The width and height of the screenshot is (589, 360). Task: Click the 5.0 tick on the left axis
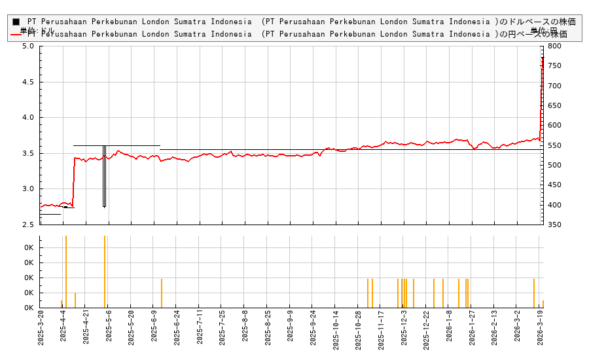(27, 46)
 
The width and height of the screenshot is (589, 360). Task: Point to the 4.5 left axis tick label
(27, 82)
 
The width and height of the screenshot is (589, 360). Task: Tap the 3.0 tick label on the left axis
(27, 189)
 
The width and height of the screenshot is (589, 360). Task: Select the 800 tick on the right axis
(554, 46)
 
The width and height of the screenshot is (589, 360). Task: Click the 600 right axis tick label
(554, 126)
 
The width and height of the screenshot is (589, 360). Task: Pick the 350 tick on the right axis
(554, 225)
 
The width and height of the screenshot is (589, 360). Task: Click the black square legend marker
(16, 22)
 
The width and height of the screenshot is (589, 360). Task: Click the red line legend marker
(16, 34)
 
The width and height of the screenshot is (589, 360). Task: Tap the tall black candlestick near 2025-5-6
(104, 176)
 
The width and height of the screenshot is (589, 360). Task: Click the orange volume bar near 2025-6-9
(162, 293)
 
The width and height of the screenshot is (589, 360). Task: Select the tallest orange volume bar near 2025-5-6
(105, 272)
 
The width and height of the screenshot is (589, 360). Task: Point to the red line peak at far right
(543, 59)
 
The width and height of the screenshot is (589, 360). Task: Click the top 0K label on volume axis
(29, 248)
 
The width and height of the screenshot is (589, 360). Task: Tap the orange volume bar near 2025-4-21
(75, 300)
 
